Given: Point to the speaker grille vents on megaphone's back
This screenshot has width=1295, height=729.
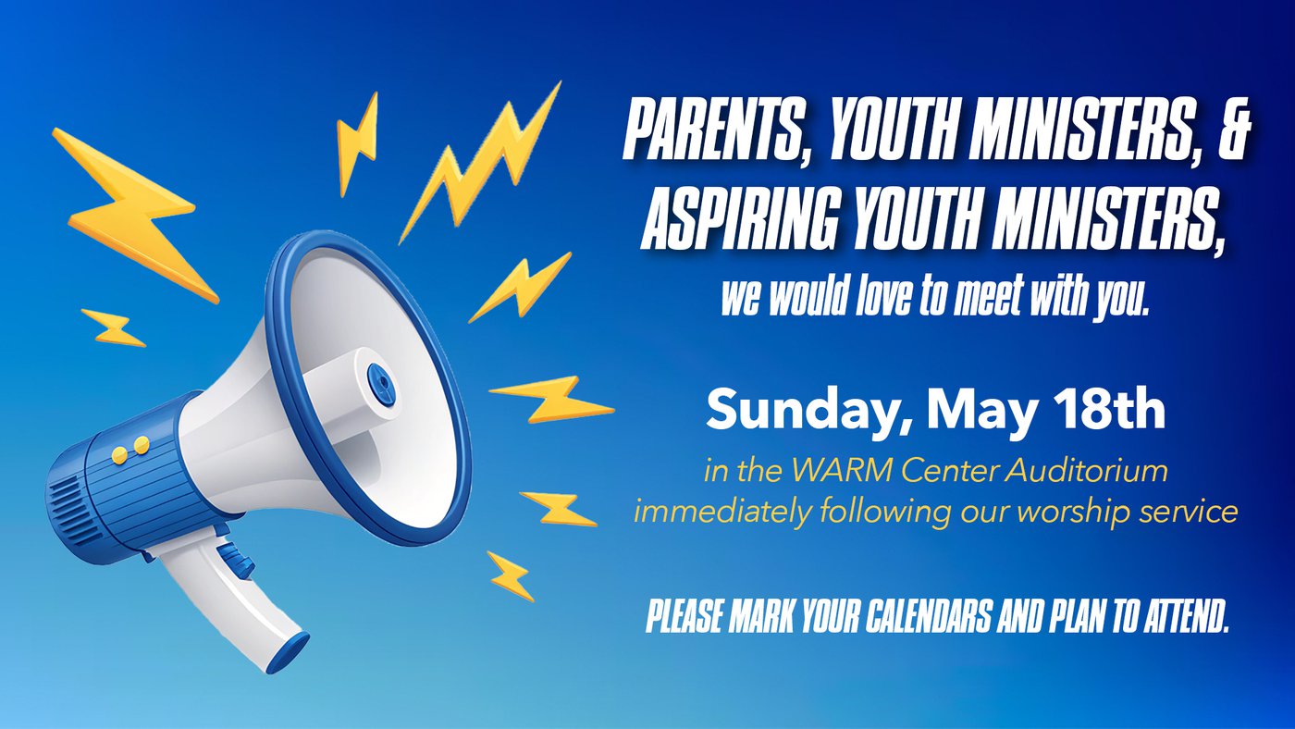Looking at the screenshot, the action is click(x=65, y=508).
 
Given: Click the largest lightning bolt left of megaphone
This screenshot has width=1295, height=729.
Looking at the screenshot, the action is click(x=135, y=215).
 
